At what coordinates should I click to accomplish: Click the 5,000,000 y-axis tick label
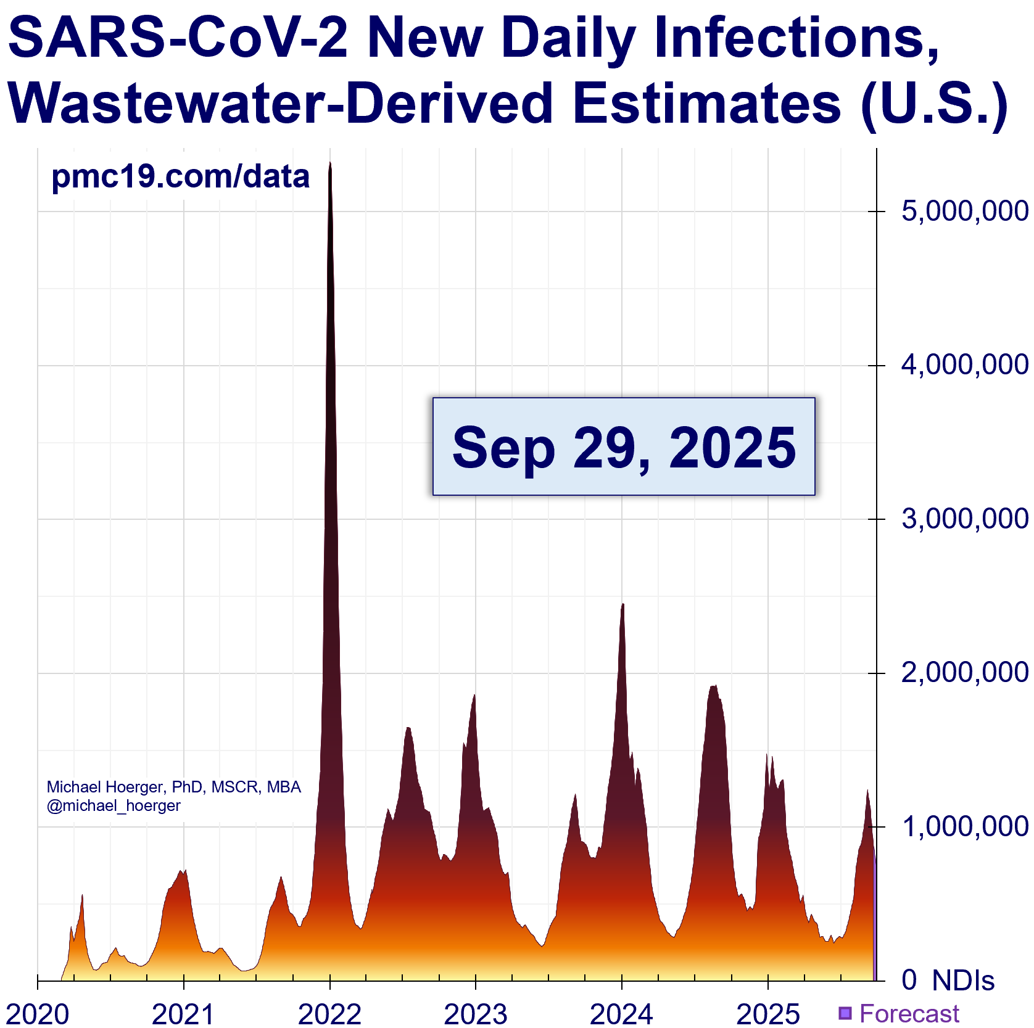[x=964, y=212]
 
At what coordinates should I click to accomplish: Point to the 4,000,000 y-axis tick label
[x=964, y=365]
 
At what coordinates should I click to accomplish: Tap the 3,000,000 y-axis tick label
[x=964, y=519]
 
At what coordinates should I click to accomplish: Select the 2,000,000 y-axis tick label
[x=964, y=673]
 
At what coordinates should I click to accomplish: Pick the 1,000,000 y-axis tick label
[x=964, y=827]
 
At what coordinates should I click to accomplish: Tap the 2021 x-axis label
[x=183, y=1014]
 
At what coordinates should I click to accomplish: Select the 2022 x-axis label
[x=329, y=1014]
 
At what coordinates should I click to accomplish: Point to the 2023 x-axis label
[x=476, y=1014]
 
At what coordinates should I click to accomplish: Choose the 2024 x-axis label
[x=622, y=1014]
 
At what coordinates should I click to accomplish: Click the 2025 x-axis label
[x=768, y=1014]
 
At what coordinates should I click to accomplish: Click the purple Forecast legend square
[x=845, y=1013]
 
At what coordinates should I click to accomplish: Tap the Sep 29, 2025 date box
[x=624, y=446]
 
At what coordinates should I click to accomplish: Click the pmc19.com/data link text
[x=180, y=177]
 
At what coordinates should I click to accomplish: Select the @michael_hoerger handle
[x=114, y=806]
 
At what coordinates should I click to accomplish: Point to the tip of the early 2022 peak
[x=330, y=163]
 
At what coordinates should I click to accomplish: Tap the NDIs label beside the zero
[x=963, y=981]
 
